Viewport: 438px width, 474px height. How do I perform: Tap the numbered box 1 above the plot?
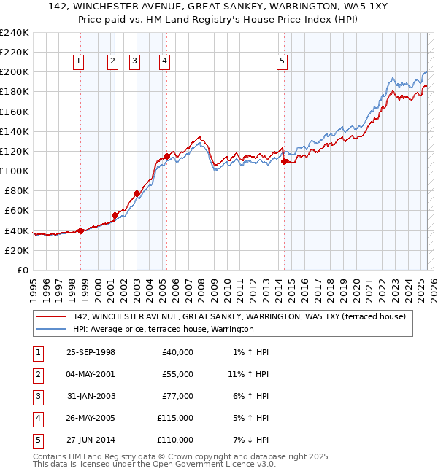(78, 62)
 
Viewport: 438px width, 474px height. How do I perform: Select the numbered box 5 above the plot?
(281, 62)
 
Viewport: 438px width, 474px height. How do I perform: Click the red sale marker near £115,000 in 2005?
(166, 156)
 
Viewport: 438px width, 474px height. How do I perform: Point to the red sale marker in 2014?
(284, 161)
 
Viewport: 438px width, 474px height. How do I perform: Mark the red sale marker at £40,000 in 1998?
(80, 230)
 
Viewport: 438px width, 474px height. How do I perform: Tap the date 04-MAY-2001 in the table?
(91, 374)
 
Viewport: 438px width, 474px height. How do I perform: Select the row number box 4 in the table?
(37, 418)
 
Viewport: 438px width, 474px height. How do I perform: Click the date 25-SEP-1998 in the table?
(91, 352)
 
